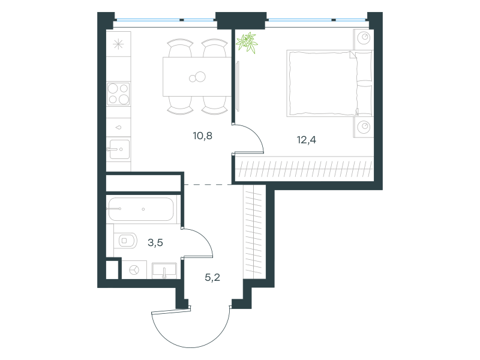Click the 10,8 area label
202,136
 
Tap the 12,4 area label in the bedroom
307,140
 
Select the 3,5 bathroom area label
155,243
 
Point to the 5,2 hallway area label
212,278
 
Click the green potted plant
247,42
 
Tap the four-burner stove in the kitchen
118,94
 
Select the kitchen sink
119,149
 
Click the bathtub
141,209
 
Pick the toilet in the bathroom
125,241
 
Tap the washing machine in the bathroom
134,269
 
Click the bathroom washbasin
164,271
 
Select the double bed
329,83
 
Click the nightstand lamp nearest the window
364,38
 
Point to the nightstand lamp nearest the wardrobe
364,127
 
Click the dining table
197,77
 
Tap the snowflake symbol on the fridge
118,44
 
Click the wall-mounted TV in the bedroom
238,86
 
